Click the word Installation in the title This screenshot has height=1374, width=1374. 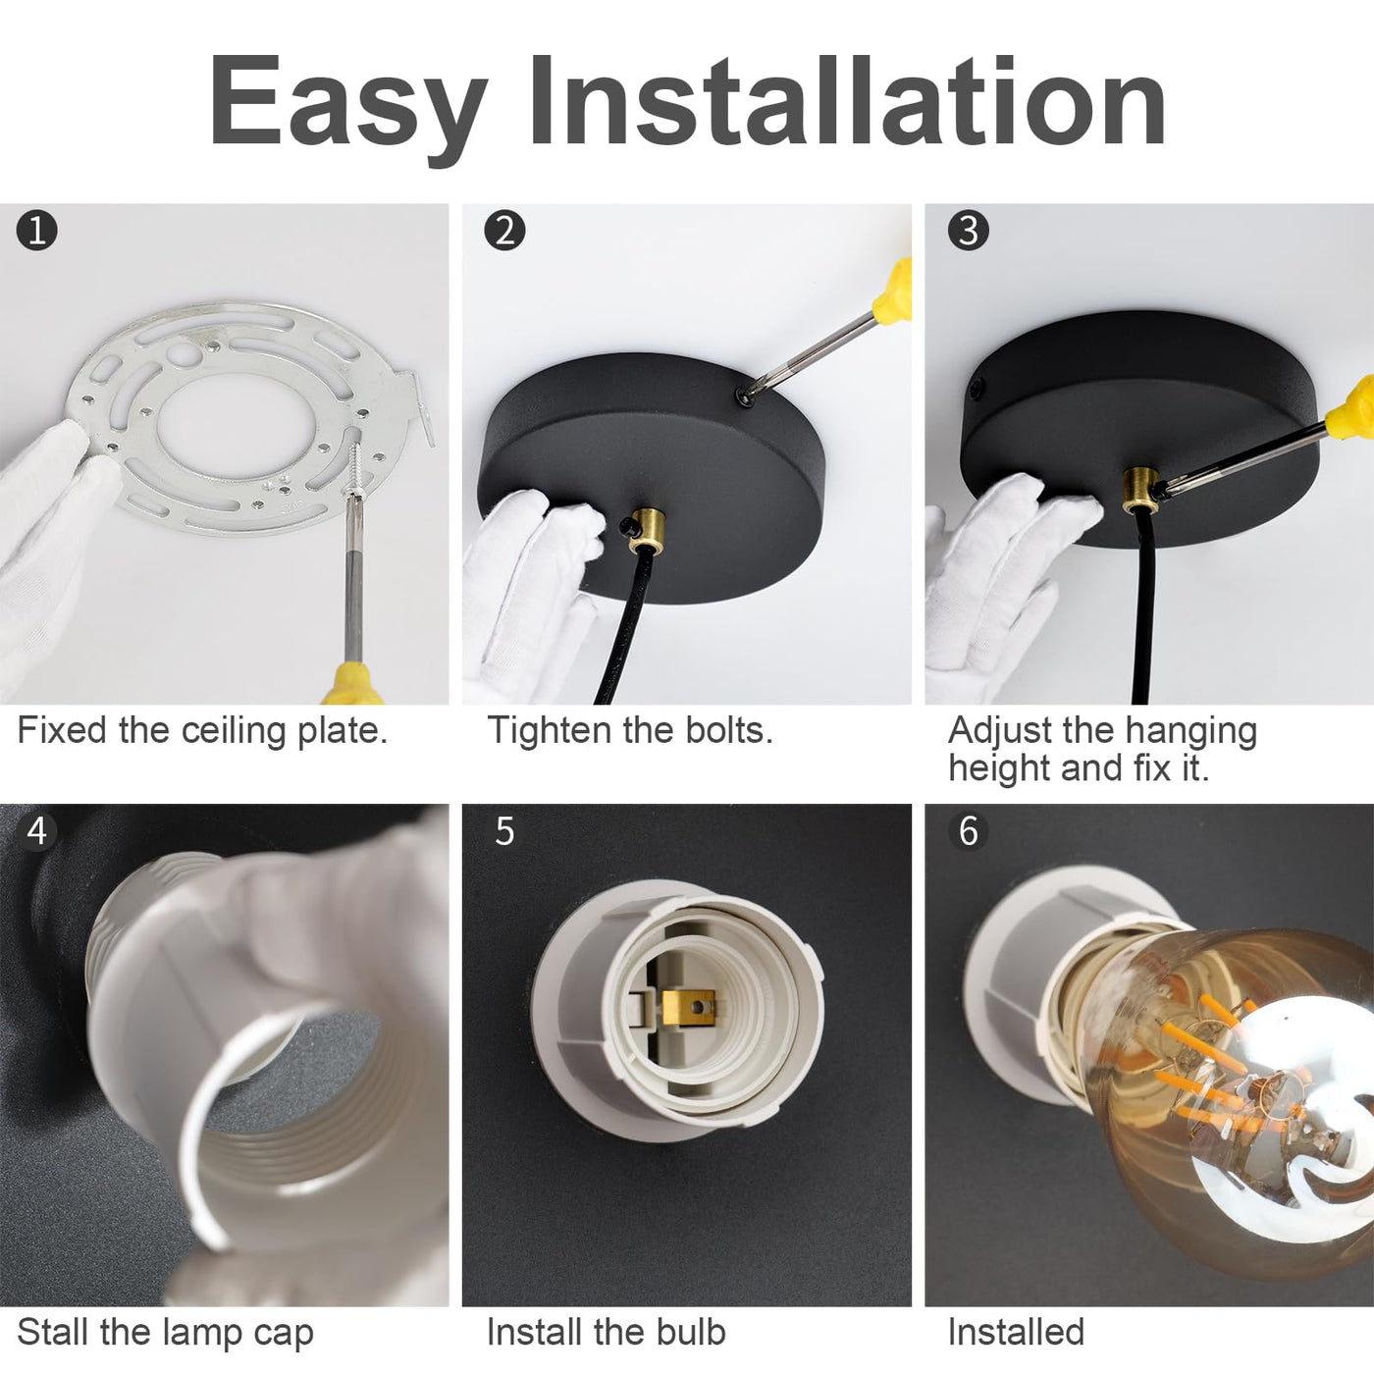[x=847, y=100]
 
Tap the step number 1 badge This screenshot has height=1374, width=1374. [x=37, y=231]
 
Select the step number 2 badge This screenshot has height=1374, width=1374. [x=504, y=231]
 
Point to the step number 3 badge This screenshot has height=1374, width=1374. [x=969, y=231]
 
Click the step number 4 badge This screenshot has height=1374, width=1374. [x=37, y=830]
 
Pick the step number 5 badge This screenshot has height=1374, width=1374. [x=504, y=830]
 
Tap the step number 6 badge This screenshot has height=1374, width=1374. [x=969, y=830]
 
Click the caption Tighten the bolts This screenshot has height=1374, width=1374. [x=630, y=731]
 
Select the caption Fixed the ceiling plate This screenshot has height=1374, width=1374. [x=202, y=732]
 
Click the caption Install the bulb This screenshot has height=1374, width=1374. [x=607, y=1332]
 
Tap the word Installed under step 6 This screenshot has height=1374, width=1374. [x=1016, y=1332]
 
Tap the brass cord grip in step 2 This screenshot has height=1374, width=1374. [x=645, y=532]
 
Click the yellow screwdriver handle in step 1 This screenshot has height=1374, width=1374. [x=350, y=683]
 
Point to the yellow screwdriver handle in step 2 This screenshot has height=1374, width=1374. [x=893, y=291]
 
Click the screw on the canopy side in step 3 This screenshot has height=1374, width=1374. [x=979, y=387]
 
